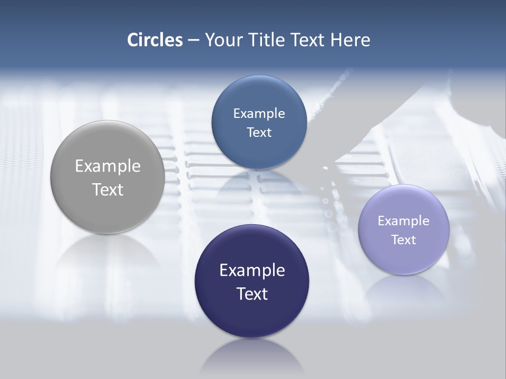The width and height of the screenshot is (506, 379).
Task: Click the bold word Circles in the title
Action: click(155, 40)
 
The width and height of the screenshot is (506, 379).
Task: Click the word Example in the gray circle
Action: click(108, 166)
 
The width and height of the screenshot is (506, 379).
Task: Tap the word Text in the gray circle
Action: click(108, 189)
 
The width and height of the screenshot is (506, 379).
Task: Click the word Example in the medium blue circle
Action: click(259, 113)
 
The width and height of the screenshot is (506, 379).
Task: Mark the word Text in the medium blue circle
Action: click(259, 132)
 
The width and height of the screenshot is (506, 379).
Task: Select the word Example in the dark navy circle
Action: click(252, 270)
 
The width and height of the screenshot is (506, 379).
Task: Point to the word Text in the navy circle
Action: click(252, 294)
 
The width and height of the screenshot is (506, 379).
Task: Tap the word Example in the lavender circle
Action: click(404, 221)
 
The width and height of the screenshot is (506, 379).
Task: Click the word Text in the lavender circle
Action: click(404, 240)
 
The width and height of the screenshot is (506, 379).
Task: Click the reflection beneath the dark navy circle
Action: click(252, 358)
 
